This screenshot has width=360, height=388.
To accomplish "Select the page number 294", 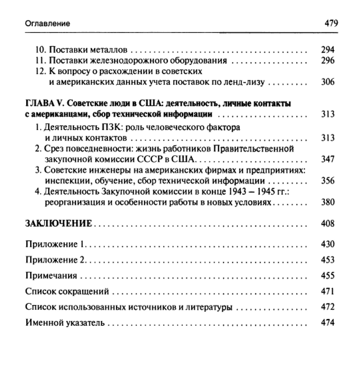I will click(x=328, y=50).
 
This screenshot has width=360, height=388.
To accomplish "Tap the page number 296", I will click(x=328, y=61).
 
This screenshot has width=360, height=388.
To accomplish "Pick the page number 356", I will click(x=328, y=181).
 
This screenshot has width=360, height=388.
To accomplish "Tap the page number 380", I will click(x=328, y=203).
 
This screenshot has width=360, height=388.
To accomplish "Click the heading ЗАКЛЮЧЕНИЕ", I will click(x=59, y=224).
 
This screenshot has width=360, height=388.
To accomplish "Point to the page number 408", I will click(x=328, y=224).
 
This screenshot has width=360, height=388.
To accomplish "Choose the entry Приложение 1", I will click(x=55, y=244).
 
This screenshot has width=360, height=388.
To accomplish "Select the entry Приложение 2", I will click(x=55, y=260).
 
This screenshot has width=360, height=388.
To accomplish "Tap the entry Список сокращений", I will click(x=67, y=292).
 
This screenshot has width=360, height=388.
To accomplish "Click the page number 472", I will click(x=328, y=307).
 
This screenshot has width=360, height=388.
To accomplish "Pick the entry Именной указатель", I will click(x=65, y=323).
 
